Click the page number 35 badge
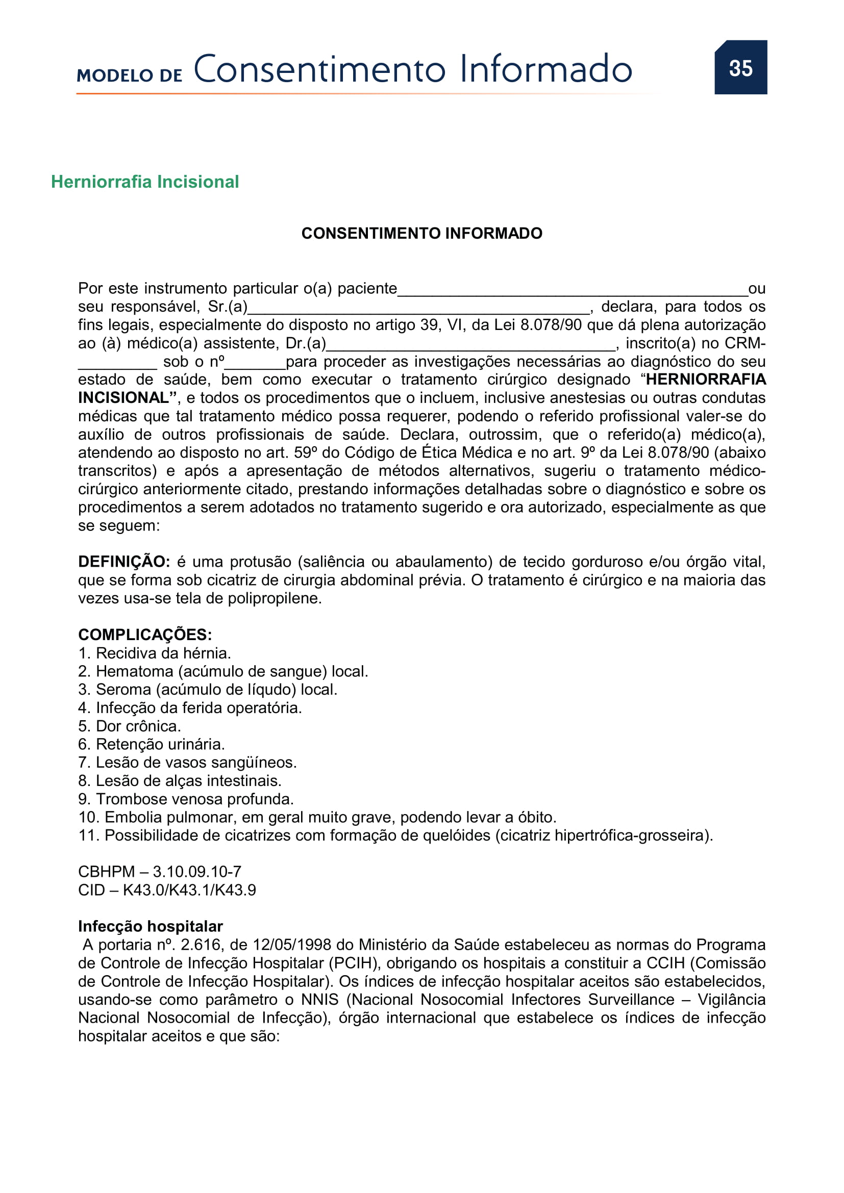click(740, 67)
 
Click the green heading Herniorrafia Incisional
click(144, 182)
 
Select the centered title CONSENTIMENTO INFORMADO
click(421, 233)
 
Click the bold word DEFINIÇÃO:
click(123, 562)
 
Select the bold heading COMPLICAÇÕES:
click(145, 634)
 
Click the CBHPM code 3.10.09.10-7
click(196, 871)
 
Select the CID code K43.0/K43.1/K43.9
click(189, 890)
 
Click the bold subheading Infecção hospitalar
click(150, 926)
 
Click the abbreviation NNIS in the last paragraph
click(319, 999)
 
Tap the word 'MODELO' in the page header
click(114, 76)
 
